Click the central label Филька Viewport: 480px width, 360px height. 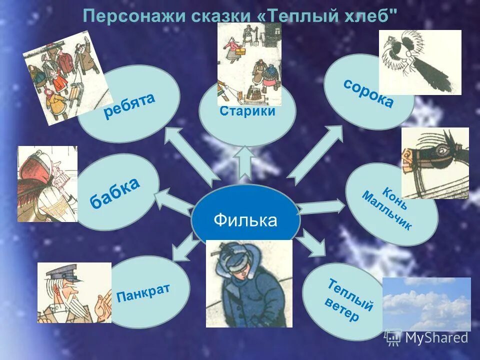click(x=245, y=220)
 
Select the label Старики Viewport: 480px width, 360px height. click(x=247, y=111)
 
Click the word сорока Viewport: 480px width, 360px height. click(x=368, y=92)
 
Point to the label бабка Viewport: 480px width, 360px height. click(x=115, y=192)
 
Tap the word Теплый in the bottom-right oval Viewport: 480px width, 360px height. click(x=350, y=295)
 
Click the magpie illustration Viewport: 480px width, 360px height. click(x=420, y=62)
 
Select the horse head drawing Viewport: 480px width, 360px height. click(x=435, y=162)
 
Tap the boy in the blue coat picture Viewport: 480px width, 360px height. click(x=248, y=283)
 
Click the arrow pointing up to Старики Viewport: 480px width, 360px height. click(x=245, y=162)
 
